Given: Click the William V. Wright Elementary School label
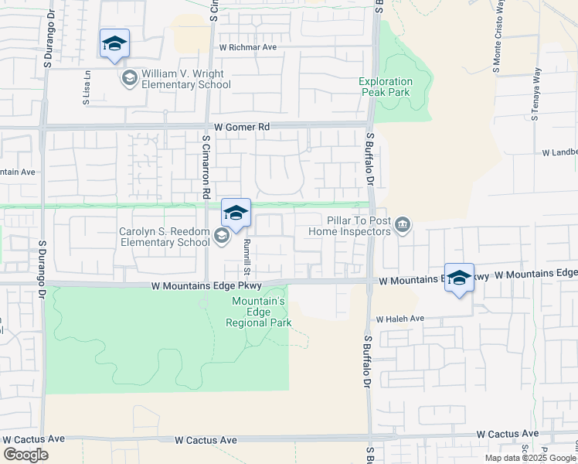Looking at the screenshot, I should click(x=185, y=79).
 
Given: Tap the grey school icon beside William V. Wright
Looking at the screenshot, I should click(x=128, y=78).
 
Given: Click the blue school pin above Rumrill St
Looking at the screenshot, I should click(x=236, y=213).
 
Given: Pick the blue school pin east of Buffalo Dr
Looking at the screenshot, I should click(x=459, y=278).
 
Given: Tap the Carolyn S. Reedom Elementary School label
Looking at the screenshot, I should click(x=164, y=237).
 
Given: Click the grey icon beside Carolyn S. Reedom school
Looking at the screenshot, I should click(x=221, y=237).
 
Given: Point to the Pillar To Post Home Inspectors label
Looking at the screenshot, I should click(x=350, y=225).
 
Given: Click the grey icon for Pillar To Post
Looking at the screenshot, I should click(x=402, y=226).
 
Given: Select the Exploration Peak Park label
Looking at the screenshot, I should click(x=386, y=87).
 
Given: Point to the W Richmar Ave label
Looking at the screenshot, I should click(x=247, y=47).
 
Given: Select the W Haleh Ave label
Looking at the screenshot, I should click(x=400, y=319).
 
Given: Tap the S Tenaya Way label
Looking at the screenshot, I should click(x=534, y=96).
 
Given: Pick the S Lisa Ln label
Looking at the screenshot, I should click(x=87, y=88).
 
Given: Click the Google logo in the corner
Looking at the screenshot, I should click(x=25, y=455).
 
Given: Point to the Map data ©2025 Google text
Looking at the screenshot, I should click(x=530, y=458).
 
